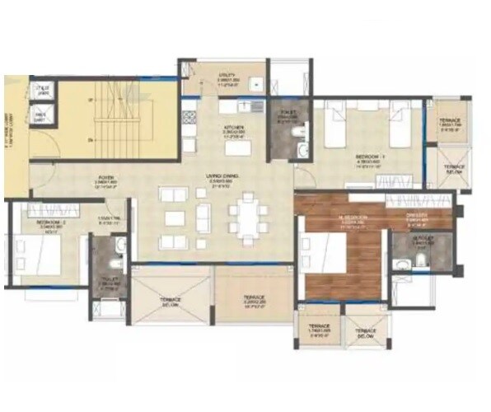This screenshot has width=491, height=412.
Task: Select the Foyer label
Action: coord(106,178)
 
